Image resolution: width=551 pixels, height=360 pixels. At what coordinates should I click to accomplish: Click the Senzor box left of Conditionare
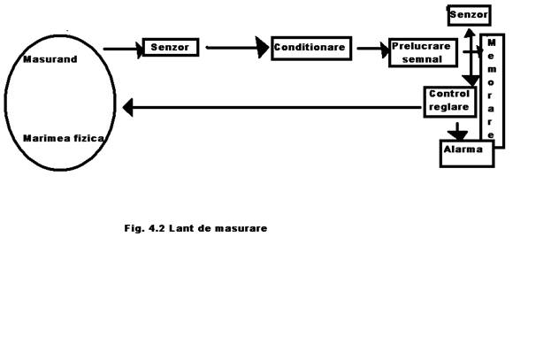(x=171, y=47)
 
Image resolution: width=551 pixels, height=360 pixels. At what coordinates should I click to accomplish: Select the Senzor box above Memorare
(x=469, y=15)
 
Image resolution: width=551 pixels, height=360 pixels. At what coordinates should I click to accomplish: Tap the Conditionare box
(x=311, y=47)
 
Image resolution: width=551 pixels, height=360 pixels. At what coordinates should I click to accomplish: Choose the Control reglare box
(x=450, y=101)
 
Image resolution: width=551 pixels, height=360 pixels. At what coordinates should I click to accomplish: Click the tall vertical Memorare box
(x=492, y=90)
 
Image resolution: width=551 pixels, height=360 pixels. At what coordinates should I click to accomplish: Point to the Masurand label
(x=50, y=60)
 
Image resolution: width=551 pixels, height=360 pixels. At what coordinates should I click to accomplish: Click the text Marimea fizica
(x=64, y=139)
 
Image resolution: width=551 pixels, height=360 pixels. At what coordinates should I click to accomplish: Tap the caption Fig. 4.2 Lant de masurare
(x=195, y=228)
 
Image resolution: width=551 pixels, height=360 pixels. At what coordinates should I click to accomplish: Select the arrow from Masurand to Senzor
(x=123, y=49)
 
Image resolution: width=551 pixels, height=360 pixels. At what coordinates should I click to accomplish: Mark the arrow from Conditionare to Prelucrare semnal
(x=371, y=49)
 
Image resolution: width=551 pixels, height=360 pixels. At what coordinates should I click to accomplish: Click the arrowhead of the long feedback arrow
(x=128, y=108)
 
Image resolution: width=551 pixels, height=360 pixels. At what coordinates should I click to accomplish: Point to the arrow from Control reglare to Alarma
(x=457, y=130)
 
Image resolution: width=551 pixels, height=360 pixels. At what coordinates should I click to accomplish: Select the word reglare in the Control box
(x=450, y=107)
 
